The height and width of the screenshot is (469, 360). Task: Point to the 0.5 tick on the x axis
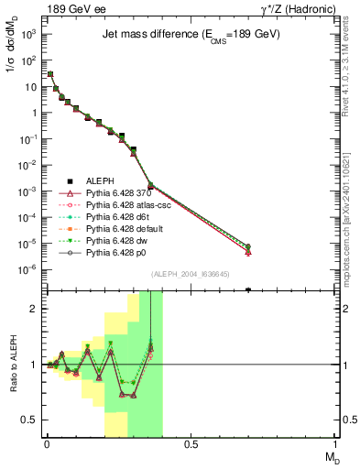tap(191, 445)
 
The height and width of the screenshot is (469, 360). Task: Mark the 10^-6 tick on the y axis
tap(29, 269)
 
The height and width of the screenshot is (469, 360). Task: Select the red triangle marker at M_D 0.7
tap(248, 252)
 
